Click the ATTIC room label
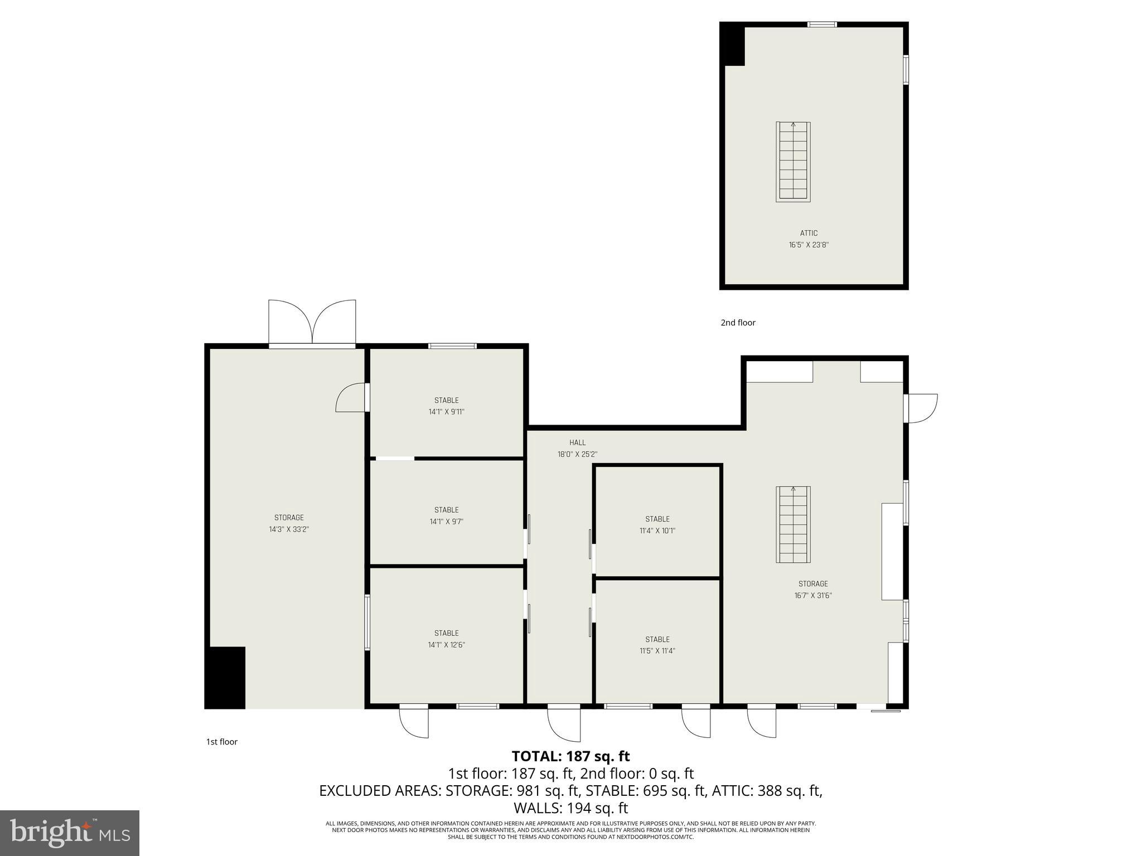point(809,234)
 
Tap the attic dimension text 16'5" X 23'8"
point(809,245)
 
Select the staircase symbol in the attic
point(793,162)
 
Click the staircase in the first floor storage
point(793,524)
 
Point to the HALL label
point(577,442)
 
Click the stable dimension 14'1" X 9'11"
point(446,412)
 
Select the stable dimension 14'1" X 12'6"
point(446,645)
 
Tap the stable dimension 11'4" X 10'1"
point(657,531)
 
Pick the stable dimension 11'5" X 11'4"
point(657,650)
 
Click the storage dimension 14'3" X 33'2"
point(289,529)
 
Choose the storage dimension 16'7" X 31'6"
point(813,595)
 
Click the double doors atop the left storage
point(312,323)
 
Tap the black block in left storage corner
point(225,678)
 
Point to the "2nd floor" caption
point(738,323)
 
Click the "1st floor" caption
point(222,742)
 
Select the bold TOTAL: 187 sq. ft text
point(570,756)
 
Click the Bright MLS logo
point(70,833)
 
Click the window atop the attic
point(822,25)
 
